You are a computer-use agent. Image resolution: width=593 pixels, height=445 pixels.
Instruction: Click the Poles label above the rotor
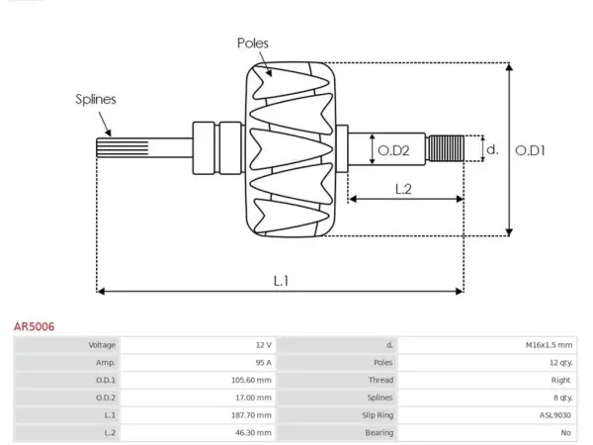[253, 44]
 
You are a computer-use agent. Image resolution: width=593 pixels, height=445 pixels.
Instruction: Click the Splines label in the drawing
[96, 99]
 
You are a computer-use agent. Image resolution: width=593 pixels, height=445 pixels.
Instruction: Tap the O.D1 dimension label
[530, 150]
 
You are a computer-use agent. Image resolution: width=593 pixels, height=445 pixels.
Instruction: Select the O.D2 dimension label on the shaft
[393, 150]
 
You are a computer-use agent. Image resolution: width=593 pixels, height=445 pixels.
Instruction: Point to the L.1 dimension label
[281, 281]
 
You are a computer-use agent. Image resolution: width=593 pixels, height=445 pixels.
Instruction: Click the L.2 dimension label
[403, 189]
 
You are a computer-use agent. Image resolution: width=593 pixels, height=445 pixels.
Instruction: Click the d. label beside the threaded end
[492, 149]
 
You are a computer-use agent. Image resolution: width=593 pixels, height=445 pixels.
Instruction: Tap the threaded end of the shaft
[446, 148]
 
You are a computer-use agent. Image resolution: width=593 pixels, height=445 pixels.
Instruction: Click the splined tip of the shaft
[123, 147]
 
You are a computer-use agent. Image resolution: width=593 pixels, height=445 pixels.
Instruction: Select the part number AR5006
[34, 326]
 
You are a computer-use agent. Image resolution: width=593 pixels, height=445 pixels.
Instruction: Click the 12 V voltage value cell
[264, 345]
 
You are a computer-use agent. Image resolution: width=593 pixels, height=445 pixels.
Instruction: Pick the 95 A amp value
[264, 363]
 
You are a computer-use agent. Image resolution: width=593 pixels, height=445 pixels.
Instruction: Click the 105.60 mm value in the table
[251, 380]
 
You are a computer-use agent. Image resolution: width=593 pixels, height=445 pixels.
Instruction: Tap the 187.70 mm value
[251, 415]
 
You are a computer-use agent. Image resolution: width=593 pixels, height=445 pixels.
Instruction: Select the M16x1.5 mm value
[549, 345]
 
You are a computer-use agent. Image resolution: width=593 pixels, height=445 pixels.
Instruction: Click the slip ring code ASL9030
[555, 415]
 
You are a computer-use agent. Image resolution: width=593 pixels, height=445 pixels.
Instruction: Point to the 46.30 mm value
[253, 432]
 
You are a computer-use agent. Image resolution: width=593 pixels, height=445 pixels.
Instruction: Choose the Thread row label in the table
[381, 380]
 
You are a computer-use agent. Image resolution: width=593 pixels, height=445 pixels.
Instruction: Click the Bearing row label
[379, 432]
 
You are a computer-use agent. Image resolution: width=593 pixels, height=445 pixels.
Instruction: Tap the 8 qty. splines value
[562, 398]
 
